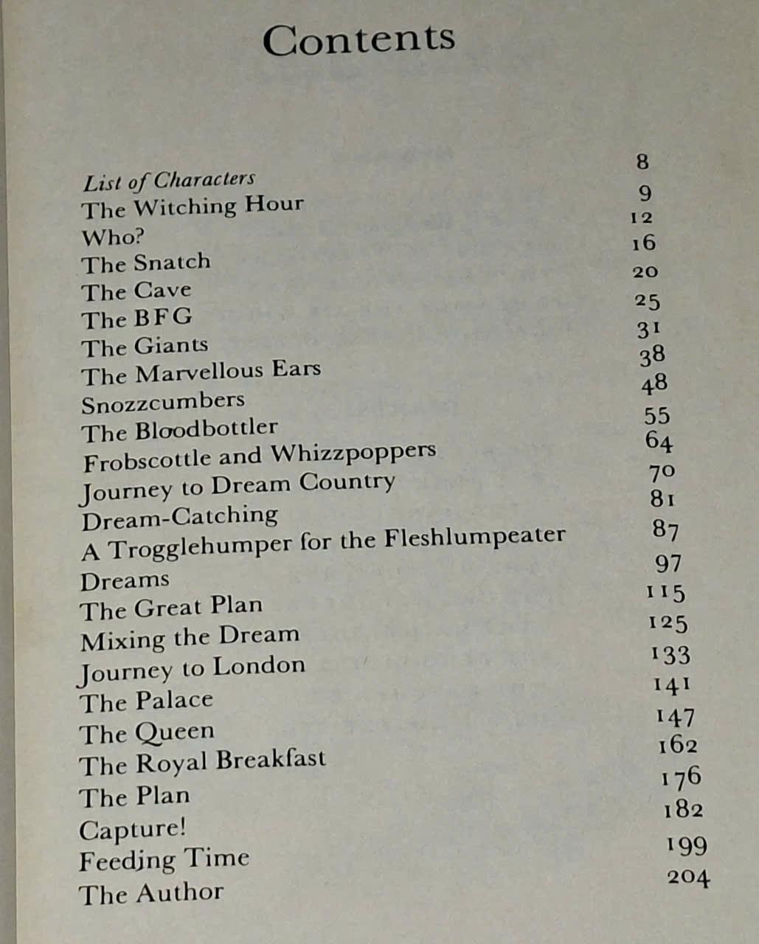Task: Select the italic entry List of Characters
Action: (169, 180)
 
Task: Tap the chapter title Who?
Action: (112, 237)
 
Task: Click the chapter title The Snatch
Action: (145, 263)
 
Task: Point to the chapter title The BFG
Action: (136, 319)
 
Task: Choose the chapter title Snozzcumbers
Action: (162, 403)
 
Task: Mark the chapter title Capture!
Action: (132, 829)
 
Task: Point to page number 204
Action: (688, 878)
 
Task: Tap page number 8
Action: (642, 162)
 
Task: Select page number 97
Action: (668, 563)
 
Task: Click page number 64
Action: (658, 441)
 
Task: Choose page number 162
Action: (677, 746)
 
